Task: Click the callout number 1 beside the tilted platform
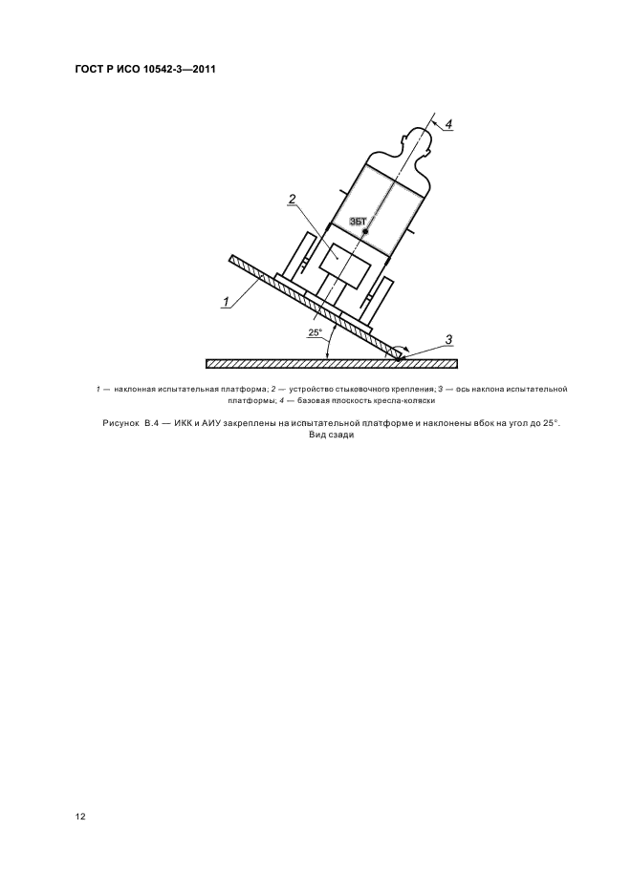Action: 226,302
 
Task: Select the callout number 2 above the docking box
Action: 292,200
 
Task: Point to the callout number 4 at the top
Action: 447,122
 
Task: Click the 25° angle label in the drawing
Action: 315,332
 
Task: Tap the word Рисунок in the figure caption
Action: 120,422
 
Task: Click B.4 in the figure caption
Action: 153,422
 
